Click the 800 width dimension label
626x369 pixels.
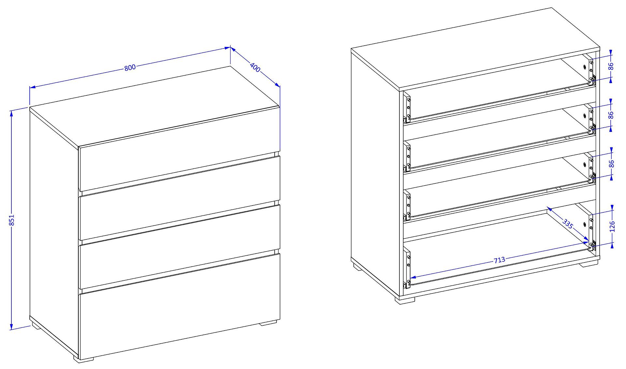pyautogui.click(x=130, y=68)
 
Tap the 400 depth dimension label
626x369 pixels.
pyautogui.click(x=255, y=67)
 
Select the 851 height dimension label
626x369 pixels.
pyautogui.click(x=12, y=220)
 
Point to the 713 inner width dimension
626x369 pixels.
pyautogui.click(x=499, y=260)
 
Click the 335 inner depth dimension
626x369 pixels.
pyautogui.click(x=568, y=224)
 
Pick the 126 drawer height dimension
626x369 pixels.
pyautogui.click(x=612, y=226)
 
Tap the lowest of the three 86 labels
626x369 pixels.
pyautogui.click(x=612, y=163)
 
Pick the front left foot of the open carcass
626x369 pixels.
pyautogui.click(x=405, y=300)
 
